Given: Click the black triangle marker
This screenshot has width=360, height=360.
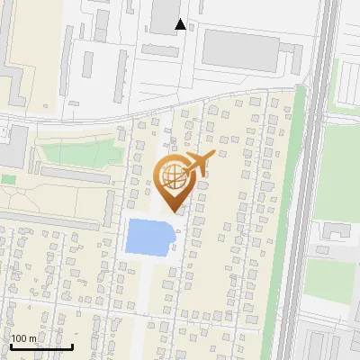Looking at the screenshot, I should [x=181, y=24].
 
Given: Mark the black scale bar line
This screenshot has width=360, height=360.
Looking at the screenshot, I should [x=41, y=346].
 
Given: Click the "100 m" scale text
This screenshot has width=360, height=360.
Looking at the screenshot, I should [x=23, y=338].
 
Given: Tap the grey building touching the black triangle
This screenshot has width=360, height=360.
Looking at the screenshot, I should [x=165, y=15].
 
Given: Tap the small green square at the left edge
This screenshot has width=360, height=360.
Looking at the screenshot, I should [x=8, y=179].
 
